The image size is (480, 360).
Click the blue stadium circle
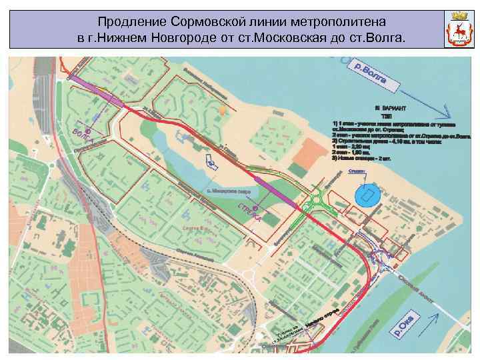366,196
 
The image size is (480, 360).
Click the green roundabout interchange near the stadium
318,201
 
